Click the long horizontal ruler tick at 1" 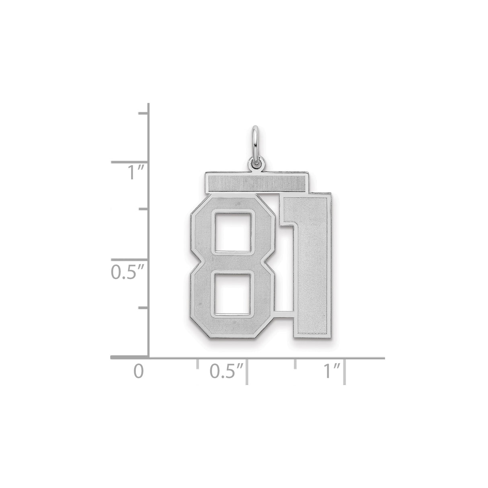coord(344,372)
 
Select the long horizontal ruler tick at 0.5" coord(246,372)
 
